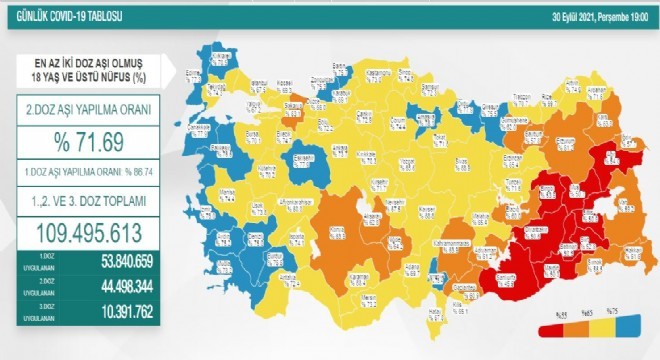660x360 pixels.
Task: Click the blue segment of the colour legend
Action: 629,329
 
